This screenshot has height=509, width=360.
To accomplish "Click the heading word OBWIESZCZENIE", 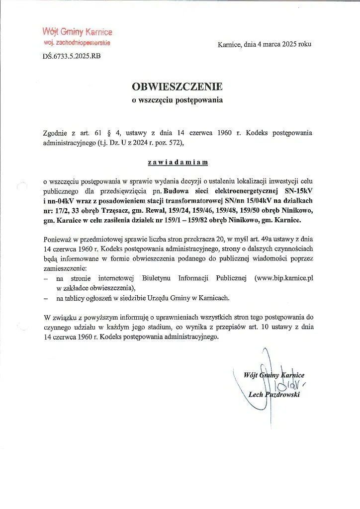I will (x=177, y=86).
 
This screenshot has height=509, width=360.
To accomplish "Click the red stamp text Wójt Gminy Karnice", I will (x=77, y=32).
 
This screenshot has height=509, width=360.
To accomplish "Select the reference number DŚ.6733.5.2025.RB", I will (x=72, y=56).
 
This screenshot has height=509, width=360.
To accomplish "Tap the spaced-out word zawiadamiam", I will (x=177, y=162).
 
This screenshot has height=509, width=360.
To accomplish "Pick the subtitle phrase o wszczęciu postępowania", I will (x=177, y=100).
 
